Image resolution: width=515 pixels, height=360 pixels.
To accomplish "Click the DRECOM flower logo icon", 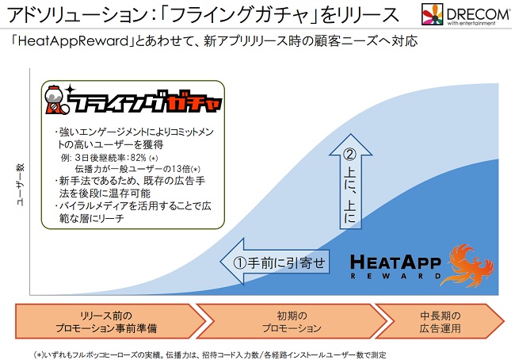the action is (x=433, y=14).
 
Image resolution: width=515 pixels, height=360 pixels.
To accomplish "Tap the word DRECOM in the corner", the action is (x=478, y=13).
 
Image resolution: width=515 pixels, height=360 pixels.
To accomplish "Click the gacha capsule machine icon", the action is (x=55, y=100).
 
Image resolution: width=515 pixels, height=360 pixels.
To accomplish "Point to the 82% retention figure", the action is (x=139, y=158).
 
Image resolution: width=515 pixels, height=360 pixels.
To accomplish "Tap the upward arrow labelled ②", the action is (x=351, y=181).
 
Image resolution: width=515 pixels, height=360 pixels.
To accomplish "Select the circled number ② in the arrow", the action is (x=349, y=154).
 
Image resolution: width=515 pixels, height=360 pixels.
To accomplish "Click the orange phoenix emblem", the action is (x=467, y=265).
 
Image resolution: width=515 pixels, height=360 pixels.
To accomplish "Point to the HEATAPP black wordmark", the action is (x=395, y=262).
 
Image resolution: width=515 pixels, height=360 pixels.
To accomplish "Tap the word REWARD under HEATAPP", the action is (x=395, y=276).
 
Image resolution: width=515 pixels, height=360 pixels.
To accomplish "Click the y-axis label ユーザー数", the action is (x=21, y=185).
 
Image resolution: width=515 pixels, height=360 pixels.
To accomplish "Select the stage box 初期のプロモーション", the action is (x=292, y=321).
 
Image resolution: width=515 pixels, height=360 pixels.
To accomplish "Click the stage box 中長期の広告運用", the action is (x=440, y=321).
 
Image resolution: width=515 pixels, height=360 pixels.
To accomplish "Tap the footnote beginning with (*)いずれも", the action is (x=211, y=354).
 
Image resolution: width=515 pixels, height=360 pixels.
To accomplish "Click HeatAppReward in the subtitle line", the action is (x=73, y=42).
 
